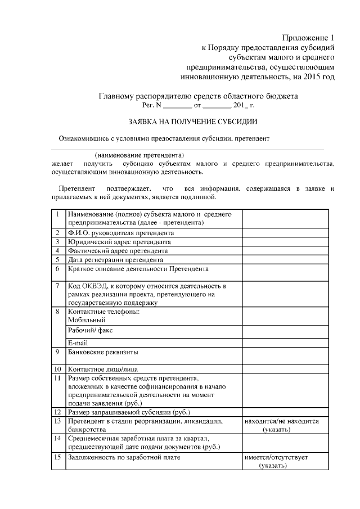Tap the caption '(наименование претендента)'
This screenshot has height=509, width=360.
click(139, 155)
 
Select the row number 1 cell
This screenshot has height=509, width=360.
click(57, 214)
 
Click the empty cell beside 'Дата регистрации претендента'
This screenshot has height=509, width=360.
click(285, 259)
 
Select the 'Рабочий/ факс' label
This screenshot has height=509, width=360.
click(90, 330)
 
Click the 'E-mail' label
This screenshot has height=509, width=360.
click(78, 343)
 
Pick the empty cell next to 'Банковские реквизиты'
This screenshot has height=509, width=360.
click(285, 356)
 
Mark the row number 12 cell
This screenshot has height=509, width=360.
click(57, 412)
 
